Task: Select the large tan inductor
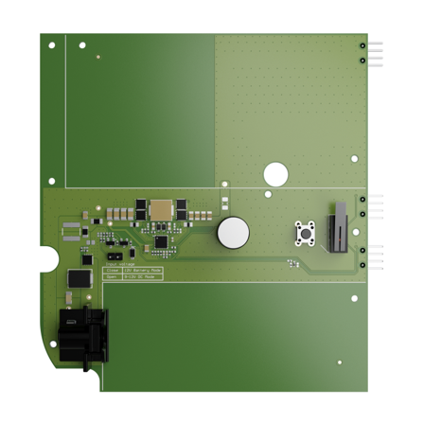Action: click(x=162, y=208)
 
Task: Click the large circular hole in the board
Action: click(x=275, y=173)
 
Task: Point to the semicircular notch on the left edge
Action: click(x=45, y=258)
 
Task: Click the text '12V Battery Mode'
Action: click(x=141, y=270)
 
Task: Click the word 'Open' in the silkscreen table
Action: click(x=110, y=276)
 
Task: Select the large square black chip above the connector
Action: click(x=78, y=278)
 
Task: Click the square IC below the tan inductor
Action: click(x=160, y=241)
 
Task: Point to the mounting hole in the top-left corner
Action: click(x=52, y=45)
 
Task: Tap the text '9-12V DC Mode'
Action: click(x=139, y=276)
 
